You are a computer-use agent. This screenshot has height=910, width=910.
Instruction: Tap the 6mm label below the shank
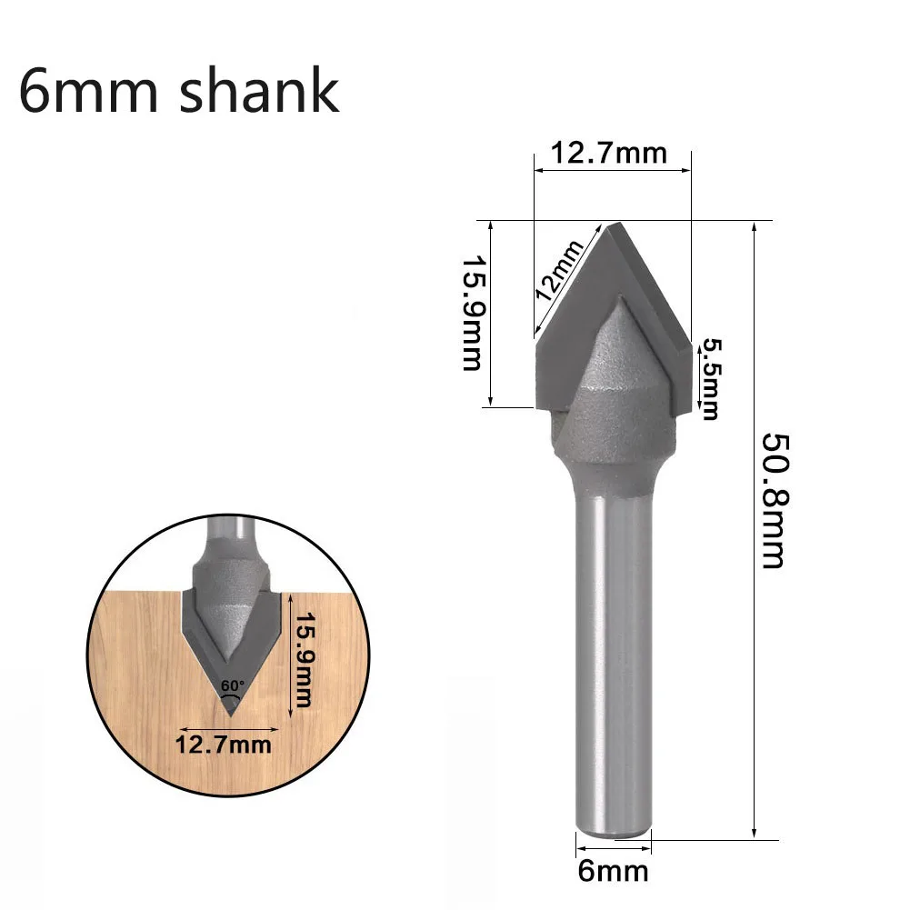[614, 871]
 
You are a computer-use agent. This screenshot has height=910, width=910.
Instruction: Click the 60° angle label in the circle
[232, 685]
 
